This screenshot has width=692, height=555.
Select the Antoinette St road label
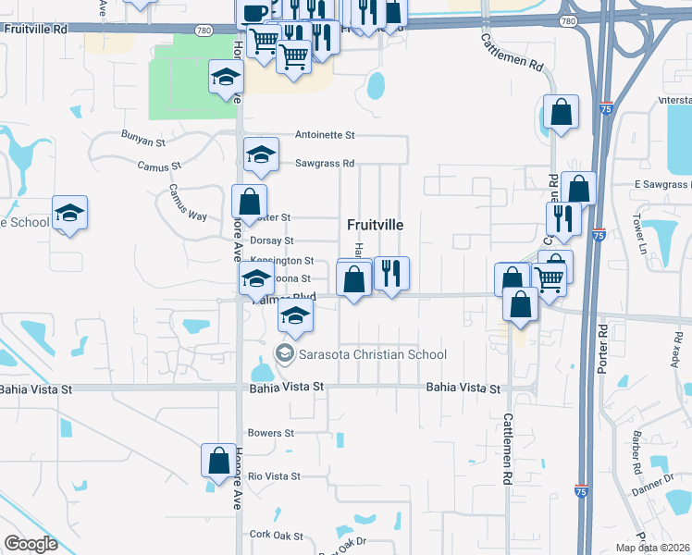pyautogui.click(x=325, y=135)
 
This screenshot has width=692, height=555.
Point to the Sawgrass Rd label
pyautogui.click(x=325, y=164)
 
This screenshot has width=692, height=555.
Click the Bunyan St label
pyautogui.click(x=142, y=137)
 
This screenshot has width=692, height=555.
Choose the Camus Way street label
pyautogui.click(x=187, y=202)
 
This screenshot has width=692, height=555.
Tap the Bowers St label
pyautogui.click(x=270, y=433)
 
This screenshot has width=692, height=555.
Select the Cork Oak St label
pyautogui.click(x=276, y=535)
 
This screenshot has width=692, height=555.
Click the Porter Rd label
pyautogui.click(x=603, y=342)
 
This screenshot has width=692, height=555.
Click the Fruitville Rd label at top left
pyautogui.click(x=36, y=29)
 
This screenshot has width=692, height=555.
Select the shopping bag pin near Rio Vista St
pyautogui.click(x=219, y=460)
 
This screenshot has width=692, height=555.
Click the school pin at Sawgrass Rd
pyautogui.click(x=262, y=155)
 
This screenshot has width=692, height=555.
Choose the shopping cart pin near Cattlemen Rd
pyautogui.click(x=550, y=277)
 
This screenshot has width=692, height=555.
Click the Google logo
pyautogui.click(x=31, y=544)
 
